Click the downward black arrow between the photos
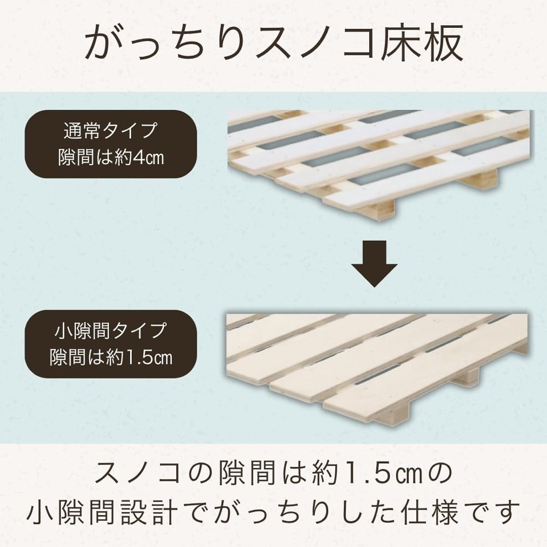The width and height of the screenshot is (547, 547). pyautogui.click(x=374, y=264)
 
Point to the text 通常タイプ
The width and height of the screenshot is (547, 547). pyautogui.click(x=110, y=131)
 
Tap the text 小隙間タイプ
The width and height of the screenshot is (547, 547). pyautogui.click(x=110, y=330)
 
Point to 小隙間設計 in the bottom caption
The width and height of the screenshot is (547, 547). pyautogui.click(x=102, y=513)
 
